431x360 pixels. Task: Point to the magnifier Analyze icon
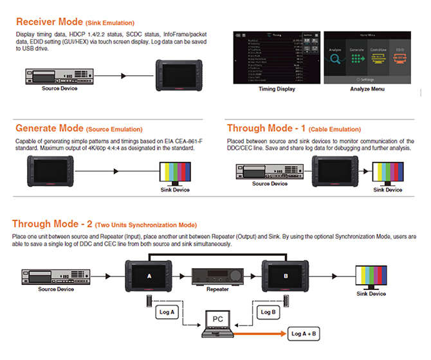336,60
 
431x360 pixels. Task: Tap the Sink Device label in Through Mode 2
371,294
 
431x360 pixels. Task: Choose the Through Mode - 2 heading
52,224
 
